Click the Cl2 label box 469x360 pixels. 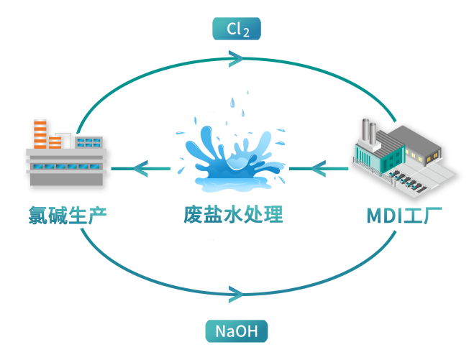236,29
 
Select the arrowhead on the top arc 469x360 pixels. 235,58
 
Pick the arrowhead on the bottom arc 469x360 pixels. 235,293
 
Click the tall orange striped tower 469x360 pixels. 40,133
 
